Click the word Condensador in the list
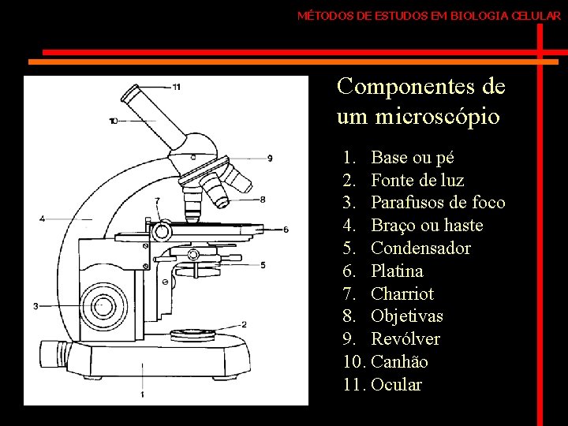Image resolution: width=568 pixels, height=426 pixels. pyautogui.click(x=420, y=248)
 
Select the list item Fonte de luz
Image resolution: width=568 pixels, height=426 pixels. pyautogui.click(x=417, y=180)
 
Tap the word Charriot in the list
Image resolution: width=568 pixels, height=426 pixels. pyautogui.click(x=402, y=294)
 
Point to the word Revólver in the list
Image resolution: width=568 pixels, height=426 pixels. pyautogui.click(x=405, y=339)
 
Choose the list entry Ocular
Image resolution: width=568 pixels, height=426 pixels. pyautogui.click(x=396, y=385)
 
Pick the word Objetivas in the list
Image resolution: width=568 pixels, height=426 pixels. pyautogui.click(x=407, y=316)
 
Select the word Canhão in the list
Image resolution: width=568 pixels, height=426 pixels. pyautogui.click(x=399, y=362)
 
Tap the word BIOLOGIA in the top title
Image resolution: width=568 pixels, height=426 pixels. pyautogui.click(x=474, y=15)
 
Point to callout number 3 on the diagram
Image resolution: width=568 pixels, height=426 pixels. pyautogui.click(x=36, y=305)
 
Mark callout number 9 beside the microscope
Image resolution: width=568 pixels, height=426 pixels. pyautogui.click(x=271, y=158)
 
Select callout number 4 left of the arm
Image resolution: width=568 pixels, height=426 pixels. pyautogui.click(x=42, y=219)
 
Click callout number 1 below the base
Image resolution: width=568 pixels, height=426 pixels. pyautogui.click(x=142, y=393)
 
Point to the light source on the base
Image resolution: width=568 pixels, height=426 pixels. pyautogui.click(x=190, y=332)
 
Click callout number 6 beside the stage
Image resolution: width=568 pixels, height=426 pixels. pyautogui.click(x=286, y=230)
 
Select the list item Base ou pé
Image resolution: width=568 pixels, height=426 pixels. pyautogui.click(x=412, y=158)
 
